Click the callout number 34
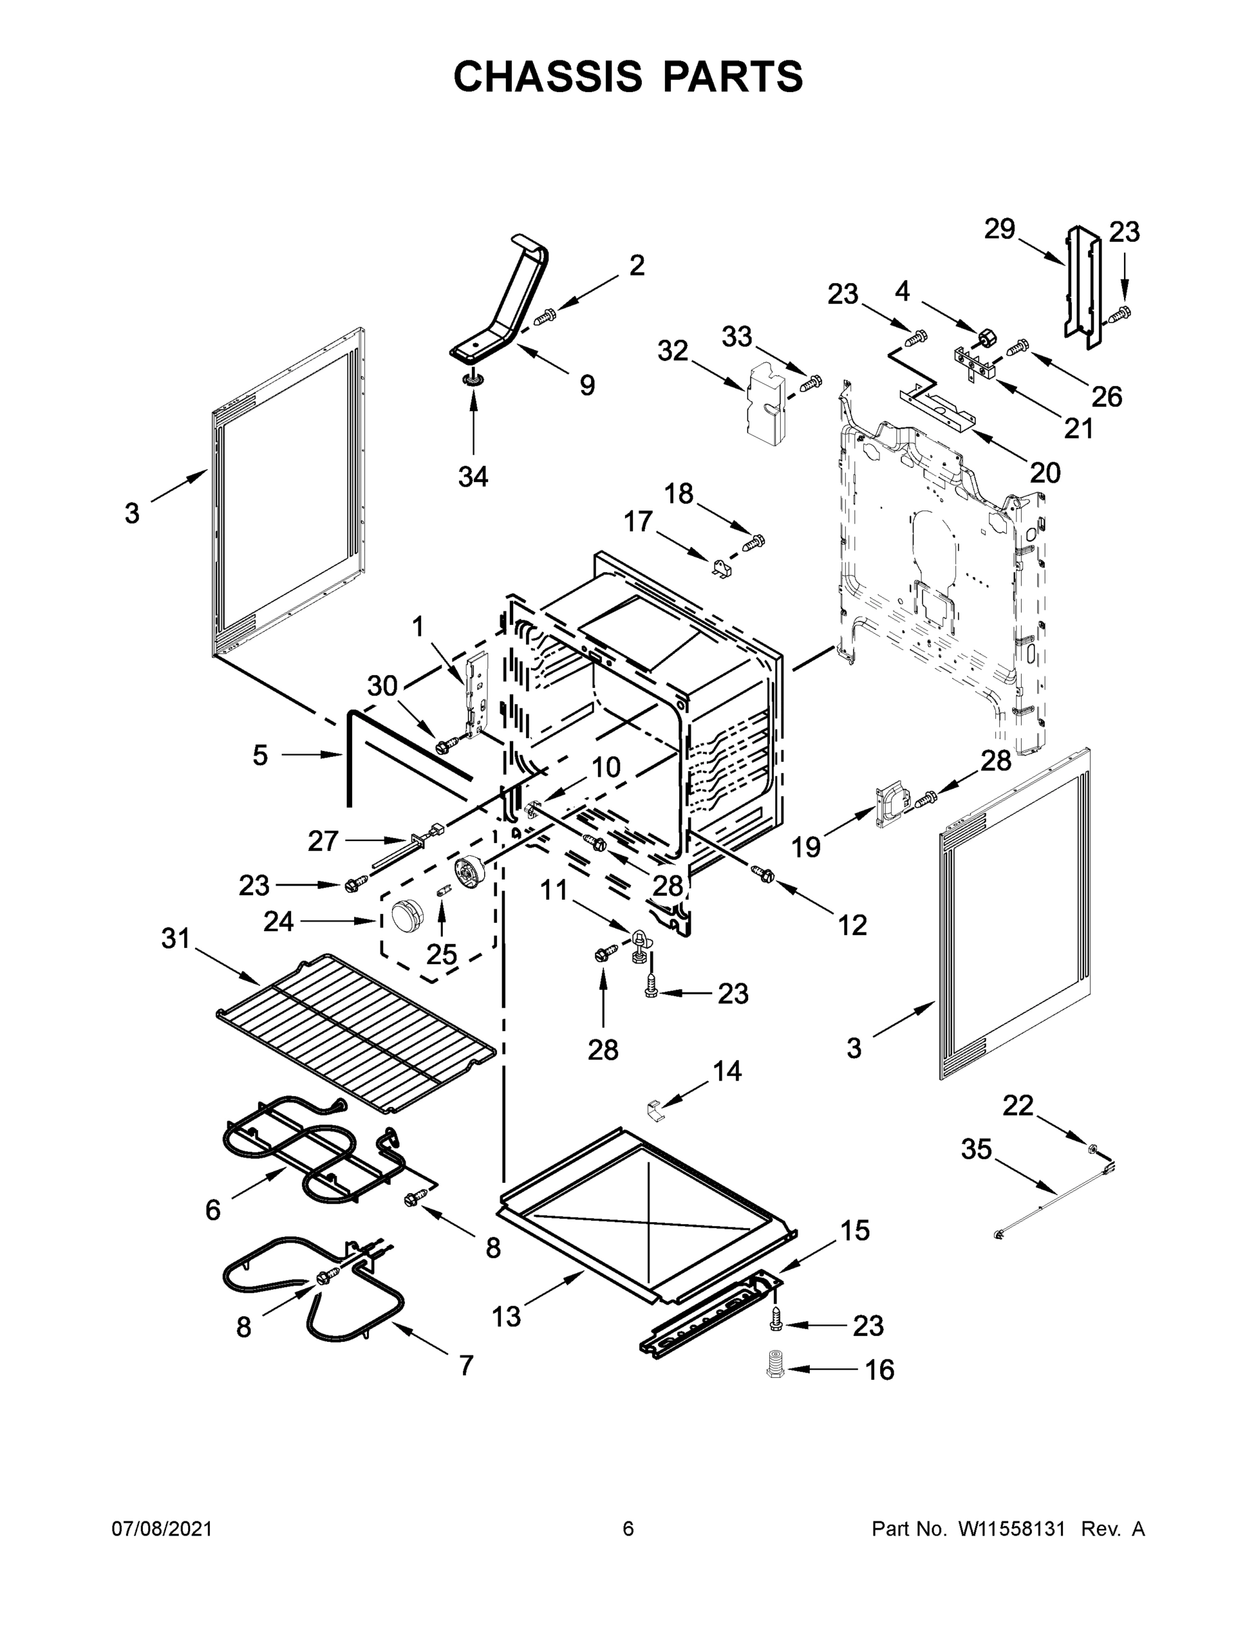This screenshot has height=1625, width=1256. click(x=473, y=476)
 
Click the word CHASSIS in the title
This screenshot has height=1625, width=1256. click(x=548, y=77)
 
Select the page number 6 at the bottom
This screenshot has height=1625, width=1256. click(x=628, y=1529)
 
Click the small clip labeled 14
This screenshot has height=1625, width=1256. click(x=655, y=1111)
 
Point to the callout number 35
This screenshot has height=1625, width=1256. click(x=976, y=1150)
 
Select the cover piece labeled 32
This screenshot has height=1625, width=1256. click(x=766, y=404)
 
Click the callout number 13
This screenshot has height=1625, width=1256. click(x=506, y=1317)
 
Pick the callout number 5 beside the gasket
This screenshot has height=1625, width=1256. click(x=260, y=755)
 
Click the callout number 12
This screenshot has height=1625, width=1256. click(x=852, y=925)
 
